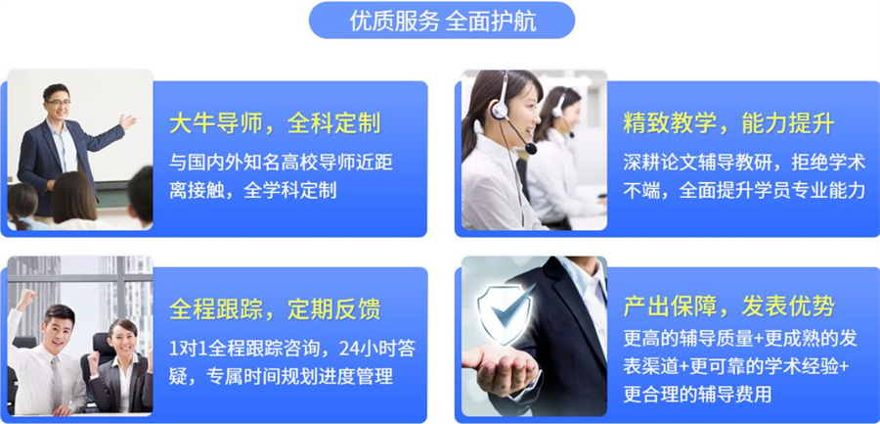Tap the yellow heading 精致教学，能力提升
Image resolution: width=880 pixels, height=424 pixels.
pyautogui.click(x=728, y=123)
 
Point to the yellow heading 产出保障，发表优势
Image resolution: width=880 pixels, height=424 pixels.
pyautogui.click(x=728, y=306)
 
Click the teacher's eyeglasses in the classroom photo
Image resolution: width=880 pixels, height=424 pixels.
pyautogui.click(x=58, y=103)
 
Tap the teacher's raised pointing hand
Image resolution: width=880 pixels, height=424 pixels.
pyautogui.click(x=127, y=122)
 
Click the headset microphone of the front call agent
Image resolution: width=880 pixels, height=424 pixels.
pyautogui.click(x=530, y=150)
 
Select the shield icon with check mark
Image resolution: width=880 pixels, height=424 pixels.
pyautogui.click(x=505, y=314)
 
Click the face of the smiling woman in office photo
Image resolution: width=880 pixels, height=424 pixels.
pyautogui.click(x=121, y=339)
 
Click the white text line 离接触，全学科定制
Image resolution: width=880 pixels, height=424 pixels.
pyautogui.click(x=252, y=190)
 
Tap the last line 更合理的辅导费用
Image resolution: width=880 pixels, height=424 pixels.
pyautogui.click(x=696, y=395)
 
